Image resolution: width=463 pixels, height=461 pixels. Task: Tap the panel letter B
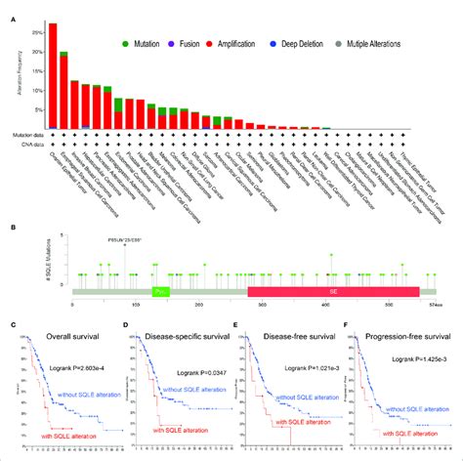coord(11,230)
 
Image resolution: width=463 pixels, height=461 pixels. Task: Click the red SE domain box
coord(333,291)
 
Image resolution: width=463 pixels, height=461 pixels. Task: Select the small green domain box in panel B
coord(159,291)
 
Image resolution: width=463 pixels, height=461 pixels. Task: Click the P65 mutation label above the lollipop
coord(124,238)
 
